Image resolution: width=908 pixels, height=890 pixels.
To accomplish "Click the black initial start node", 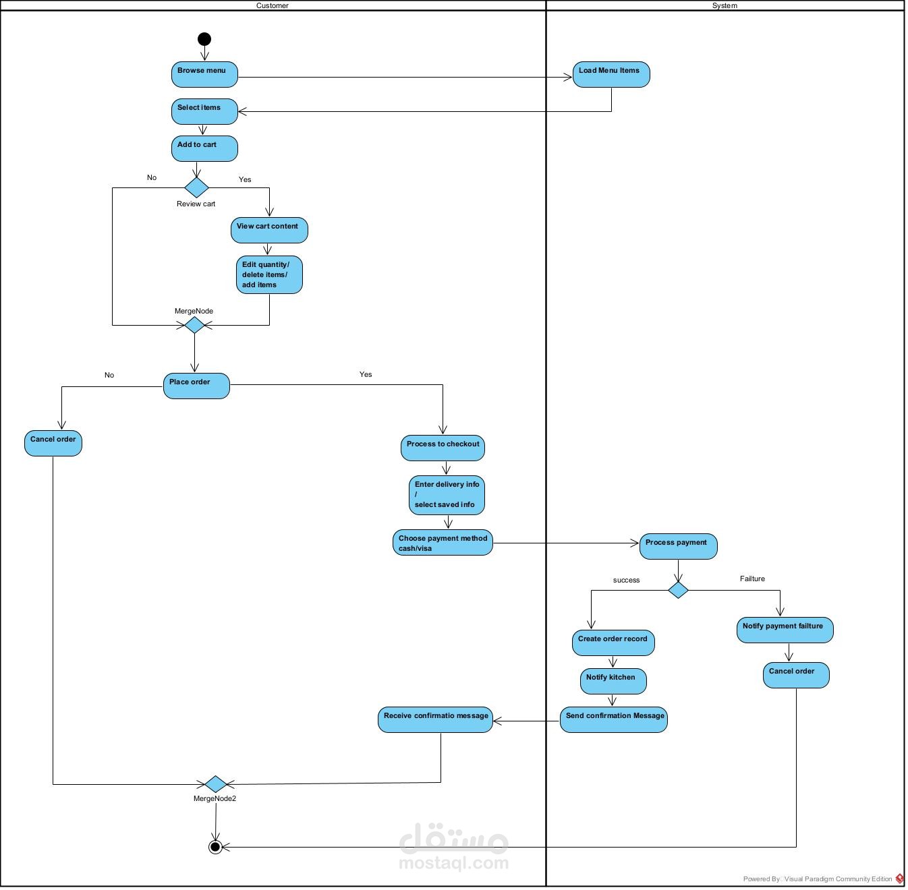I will [204, 39].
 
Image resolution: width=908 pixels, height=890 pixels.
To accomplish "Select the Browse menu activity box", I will [204, 74].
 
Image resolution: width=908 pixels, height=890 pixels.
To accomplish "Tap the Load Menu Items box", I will [611, 74].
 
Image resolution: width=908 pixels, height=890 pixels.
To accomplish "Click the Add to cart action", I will [204, 148].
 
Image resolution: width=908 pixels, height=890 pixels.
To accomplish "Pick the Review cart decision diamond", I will [196, 187].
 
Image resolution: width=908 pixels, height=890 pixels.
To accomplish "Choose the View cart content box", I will [269, 230].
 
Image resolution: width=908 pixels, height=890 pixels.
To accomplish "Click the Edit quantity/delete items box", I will [269, 274].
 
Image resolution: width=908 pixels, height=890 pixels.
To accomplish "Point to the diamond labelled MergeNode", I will [194, 325].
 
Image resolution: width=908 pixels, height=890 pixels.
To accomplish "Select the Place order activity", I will [196, 386].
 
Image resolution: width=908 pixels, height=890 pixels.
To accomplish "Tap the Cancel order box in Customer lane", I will [53, 443].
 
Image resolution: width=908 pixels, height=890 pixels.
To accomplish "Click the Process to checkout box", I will [443, 448].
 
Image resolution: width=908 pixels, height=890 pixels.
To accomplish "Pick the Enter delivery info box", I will [447, 495].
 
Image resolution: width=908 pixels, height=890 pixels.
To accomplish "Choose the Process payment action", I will [678, 546].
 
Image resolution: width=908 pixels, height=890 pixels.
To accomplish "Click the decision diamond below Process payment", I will [678, 591].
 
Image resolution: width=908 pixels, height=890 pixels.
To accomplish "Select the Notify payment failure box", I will [785, 630].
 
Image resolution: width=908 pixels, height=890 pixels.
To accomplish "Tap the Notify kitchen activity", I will [613, 681].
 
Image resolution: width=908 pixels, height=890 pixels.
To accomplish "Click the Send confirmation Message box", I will [614, 719].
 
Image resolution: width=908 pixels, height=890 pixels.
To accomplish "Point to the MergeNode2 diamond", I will [215, 784].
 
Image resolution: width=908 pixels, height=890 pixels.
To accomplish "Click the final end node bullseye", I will [215, 847].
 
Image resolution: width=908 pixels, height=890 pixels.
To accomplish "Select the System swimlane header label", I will [725, 5].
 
